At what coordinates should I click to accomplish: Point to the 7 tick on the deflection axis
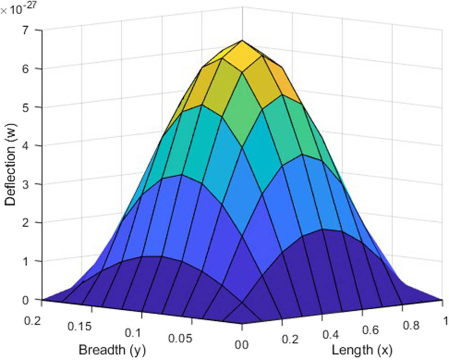pos(32,30)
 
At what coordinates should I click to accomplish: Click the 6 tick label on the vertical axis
pos(32,69)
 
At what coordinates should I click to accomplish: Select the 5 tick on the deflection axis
pos(32,107)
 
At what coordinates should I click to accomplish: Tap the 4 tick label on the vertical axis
pos(32,146)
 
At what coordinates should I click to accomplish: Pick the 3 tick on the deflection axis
pos(32,184)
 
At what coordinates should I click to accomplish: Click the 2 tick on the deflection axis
pos(32,223)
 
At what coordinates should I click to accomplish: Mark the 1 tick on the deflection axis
pos(32,261)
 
